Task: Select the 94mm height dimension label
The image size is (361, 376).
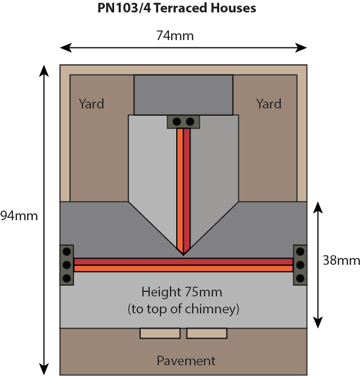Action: pyautogui.click(x=19, y=216)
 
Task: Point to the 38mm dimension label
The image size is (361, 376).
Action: pyautogui.click(x=341, y=260)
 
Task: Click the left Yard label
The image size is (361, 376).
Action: pyautogui.click(x=92, y=104)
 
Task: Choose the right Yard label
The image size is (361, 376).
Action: pyautogui.click(x=268, y=104)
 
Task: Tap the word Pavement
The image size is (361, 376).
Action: pyautogui.click(x=186, y=361)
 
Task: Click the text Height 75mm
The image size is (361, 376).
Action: pyautogui.click(x=182, y=292)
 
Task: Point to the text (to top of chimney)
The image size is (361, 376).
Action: pyautogui.click(x=184, y=309)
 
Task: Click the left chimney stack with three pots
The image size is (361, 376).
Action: pyautogui.click(x=67, y=264)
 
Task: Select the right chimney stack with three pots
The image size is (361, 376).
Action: pyautogui.click(x=300, y=264)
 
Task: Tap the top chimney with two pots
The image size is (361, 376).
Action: pyautogui.click(x=183, y=121)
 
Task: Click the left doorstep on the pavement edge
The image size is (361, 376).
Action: pyautogui.click(x=160, y=333)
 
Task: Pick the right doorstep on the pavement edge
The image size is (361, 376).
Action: pyautogui.click(x=207, y=333)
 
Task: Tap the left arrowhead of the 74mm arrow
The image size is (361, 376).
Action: pyautogui.click(x=64, y=47)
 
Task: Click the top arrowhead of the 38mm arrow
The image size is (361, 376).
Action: pyautogui.click(x=318, y=206)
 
